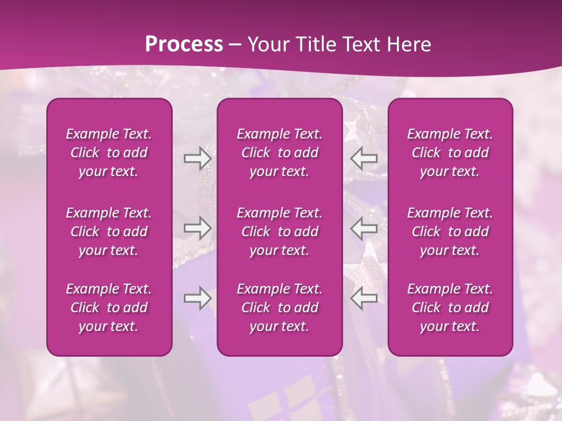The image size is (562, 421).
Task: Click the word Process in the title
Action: (x=184, y=44)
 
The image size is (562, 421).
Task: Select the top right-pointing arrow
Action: (x=197, y=158)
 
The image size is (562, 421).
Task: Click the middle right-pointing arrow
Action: (x=197, y=228)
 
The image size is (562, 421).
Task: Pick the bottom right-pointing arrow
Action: (x=197, y=298)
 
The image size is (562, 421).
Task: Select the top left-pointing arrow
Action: (x=364, y=158)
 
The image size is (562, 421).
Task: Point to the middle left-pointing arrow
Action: (x=364, y=228)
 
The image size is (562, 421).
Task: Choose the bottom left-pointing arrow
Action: (x=364, y=298)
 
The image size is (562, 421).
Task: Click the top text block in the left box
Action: (x=109, y=153)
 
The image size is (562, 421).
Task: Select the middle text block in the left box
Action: (x=109, y=232)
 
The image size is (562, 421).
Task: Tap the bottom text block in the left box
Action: (x=109, y=308)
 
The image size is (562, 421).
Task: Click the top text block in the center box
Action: (x=280, y=153)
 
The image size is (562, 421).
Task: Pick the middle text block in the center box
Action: (x=280, y=232)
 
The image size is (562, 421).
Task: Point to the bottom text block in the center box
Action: (x=280, y=308)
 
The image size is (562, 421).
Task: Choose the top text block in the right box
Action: (x=450, y=153)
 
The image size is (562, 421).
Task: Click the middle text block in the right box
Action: (x=450, y=232)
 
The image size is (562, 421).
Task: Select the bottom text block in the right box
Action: (x=450, y=308)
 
